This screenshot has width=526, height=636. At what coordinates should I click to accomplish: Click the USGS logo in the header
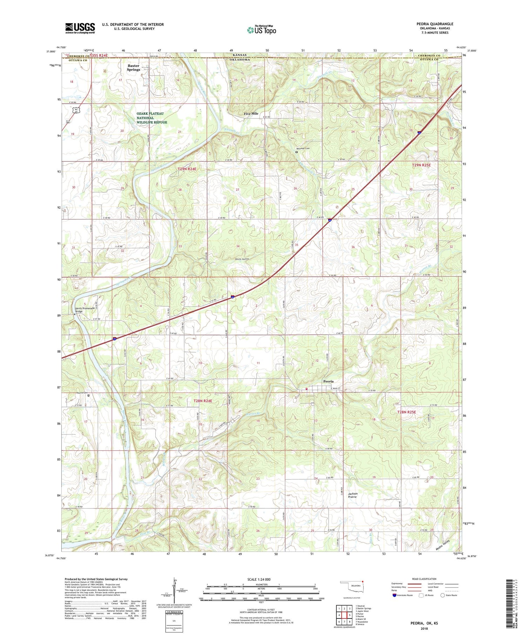point(80,28)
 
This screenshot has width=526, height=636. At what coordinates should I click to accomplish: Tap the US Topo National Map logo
point(261,30)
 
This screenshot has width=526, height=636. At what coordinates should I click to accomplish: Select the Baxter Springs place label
point(133,68)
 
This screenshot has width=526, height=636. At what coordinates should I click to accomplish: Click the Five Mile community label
point(251,114)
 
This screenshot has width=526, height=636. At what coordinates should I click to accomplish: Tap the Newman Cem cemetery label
point(304,148)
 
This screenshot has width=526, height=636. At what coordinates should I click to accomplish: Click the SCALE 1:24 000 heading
point(261,579)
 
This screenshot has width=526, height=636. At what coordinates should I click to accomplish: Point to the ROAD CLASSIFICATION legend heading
point(424,579)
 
